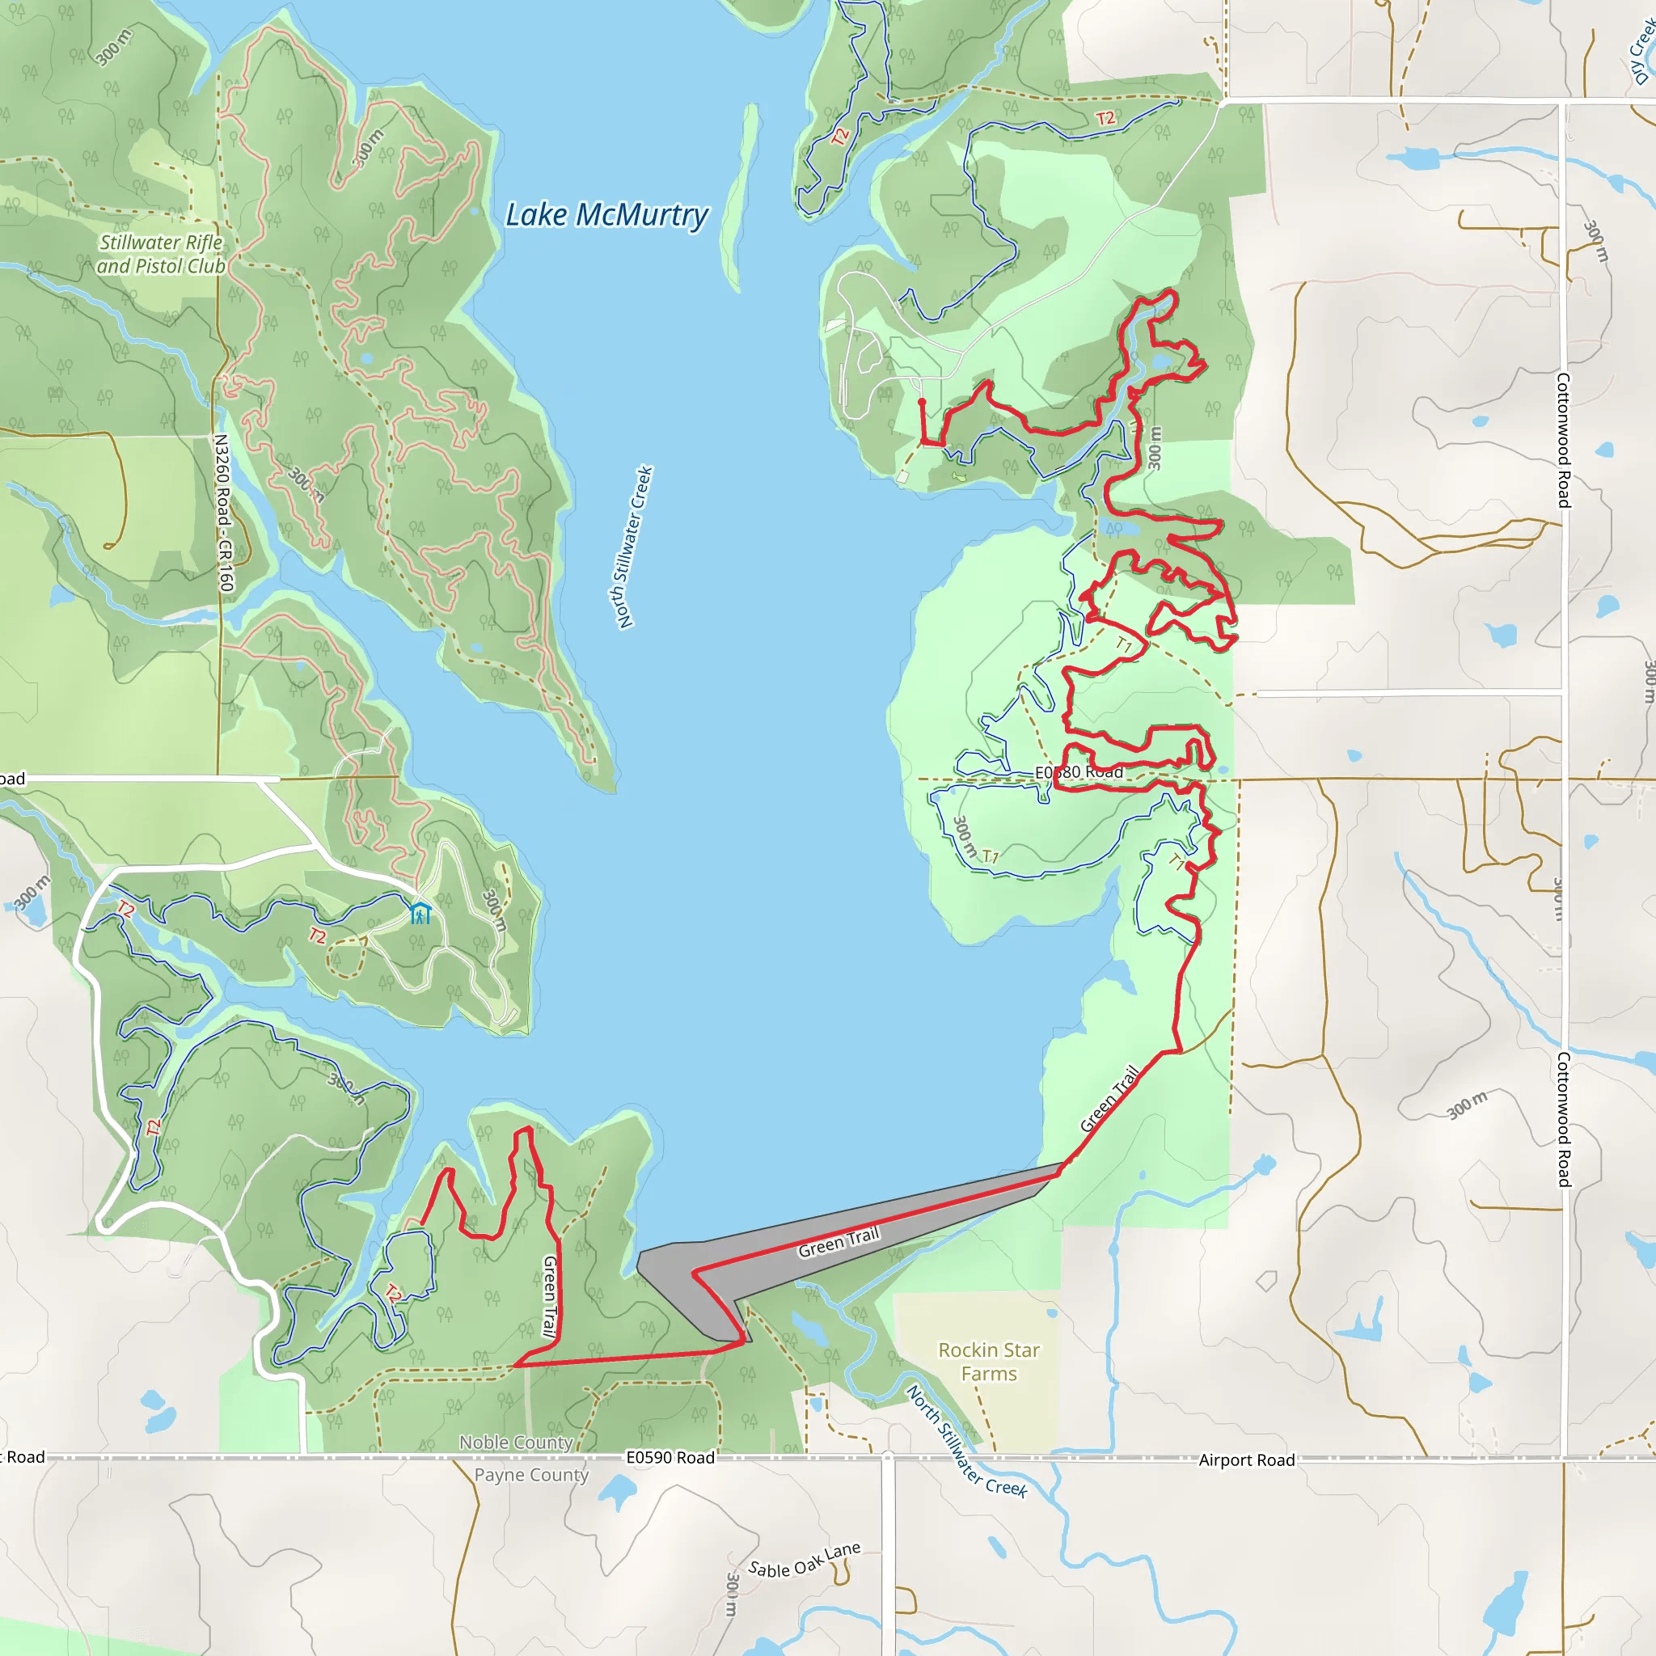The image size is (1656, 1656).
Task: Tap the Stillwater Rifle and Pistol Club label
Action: coord(160,255)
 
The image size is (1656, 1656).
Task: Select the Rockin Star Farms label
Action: coord(988,1361)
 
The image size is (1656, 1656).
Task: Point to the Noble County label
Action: coord(515,1443)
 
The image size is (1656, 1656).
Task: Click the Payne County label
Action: coord(531,1475)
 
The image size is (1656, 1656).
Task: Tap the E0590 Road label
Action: coord(670,1458)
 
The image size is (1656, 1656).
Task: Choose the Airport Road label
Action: coord(1246,1460)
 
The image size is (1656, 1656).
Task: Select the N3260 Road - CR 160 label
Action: coord(223,513)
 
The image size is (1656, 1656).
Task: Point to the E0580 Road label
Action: coord(1079,772)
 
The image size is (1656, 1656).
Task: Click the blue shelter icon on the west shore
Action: coord(419,913)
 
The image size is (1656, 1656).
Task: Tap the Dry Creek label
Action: coord(1643,52)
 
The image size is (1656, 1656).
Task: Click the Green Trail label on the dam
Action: coord(839,1242)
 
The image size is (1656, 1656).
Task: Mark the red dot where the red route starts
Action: coord(922,401)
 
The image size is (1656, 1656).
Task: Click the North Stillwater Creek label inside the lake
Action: coord(635,547)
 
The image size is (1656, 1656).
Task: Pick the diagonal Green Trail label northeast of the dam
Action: coord(1109,1099)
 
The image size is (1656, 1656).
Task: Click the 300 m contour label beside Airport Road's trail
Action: coord(1467,1105)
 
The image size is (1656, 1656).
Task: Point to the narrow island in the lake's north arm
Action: coord(739,197)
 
